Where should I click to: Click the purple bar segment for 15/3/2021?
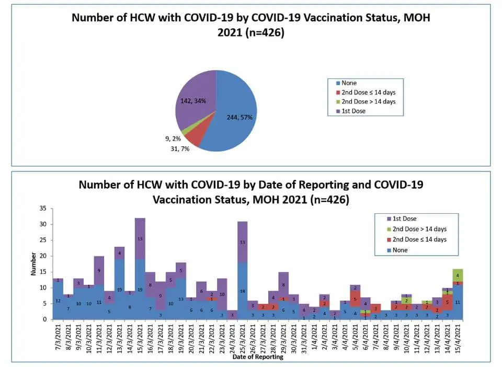(x=140, y=238)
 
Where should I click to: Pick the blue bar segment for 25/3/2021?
(x=242, y=291)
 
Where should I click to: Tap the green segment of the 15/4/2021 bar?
(x=458, y=275)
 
